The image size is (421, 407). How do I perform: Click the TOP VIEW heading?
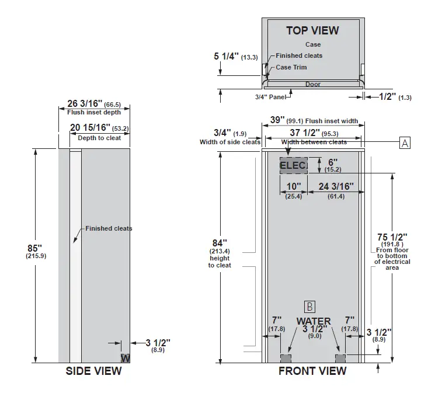(x=312, y=30)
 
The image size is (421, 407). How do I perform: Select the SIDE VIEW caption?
(x=94, y=371)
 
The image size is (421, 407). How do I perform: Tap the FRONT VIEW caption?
(x=312, y=371)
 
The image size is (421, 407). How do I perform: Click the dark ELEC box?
(x=293, y=166)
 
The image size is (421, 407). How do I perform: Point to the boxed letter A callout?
(x=404, y=142)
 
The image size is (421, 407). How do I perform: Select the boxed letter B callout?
(x=309, y=306)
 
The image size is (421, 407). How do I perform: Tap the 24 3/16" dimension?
(x=336, y=187)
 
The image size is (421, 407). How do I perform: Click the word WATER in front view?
(x=314, y=321)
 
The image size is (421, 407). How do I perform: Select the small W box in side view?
(x=125, y=357)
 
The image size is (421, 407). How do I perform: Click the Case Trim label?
(x=291, y=67)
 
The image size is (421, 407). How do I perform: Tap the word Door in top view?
(x=313, y=84)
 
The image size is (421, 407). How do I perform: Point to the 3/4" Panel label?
(x=270, y=97)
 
